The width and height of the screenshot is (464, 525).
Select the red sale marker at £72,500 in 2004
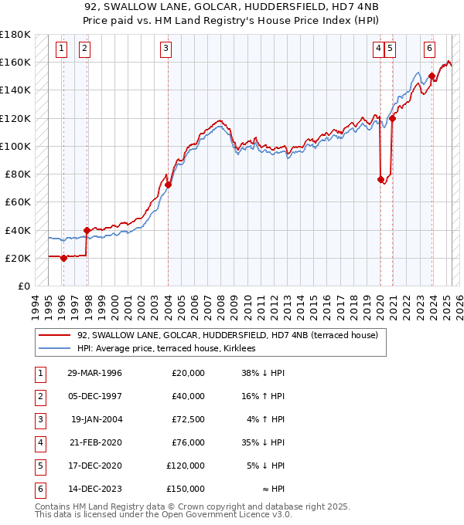pos(168,185)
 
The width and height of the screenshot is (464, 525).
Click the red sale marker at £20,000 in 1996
pos(63,258)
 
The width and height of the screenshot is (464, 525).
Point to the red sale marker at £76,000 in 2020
pos(380,180)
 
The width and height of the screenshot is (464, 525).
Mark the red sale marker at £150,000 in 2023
pos(431,76)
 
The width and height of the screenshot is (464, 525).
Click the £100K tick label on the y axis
pos(15,146)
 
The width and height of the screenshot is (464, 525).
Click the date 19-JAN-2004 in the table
pos(96,419)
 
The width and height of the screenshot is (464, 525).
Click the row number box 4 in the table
pos(39,442)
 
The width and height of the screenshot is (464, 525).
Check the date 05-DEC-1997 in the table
pos(95,396)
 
